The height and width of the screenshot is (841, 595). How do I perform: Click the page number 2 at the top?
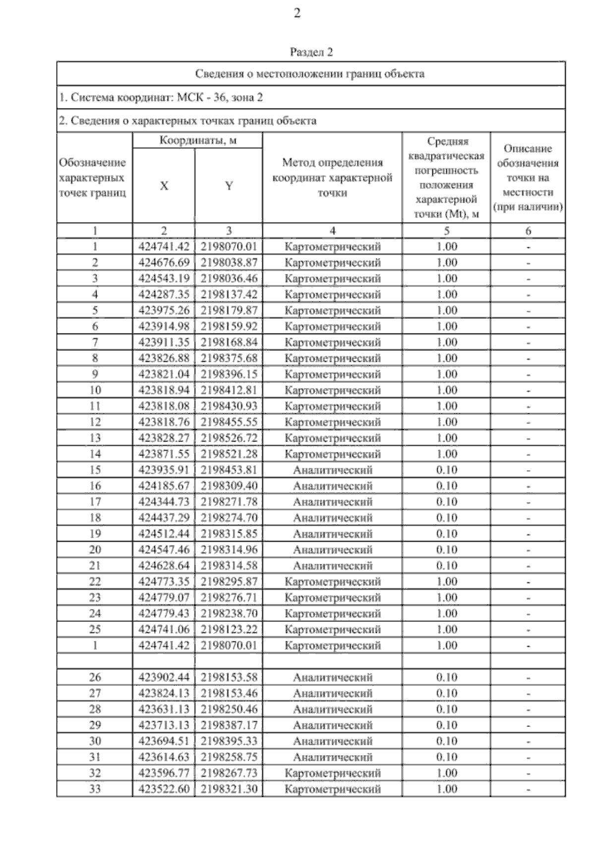297,14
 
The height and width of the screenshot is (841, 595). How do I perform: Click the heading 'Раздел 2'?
311,52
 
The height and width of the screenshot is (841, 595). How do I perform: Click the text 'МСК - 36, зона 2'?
217,98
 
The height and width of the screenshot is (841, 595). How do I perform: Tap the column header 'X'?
164,186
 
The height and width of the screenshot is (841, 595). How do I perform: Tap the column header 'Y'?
229,186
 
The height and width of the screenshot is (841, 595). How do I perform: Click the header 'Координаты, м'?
197,140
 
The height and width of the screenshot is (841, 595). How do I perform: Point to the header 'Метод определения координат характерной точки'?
332,177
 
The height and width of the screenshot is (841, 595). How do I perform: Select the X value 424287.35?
164,294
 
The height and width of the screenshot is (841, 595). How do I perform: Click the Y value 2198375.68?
229,358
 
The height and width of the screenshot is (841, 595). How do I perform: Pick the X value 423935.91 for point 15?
164,470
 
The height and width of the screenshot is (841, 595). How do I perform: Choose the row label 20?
95,550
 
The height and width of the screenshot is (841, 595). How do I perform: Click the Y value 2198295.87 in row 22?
229,581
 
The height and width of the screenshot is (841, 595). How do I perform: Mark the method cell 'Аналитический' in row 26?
332,677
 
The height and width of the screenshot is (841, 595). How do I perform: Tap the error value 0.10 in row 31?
446,757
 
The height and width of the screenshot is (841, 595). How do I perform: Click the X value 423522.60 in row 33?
164,789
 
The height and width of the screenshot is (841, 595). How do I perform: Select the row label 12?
95,422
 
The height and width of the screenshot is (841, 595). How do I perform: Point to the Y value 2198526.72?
229,438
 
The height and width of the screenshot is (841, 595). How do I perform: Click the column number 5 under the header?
446,230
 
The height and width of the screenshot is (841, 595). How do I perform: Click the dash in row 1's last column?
529,247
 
